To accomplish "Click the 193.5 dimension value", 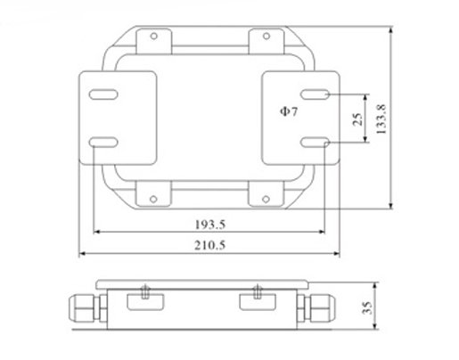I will pos(209,223).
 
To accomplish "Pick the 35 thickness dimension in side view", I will pos(366,308).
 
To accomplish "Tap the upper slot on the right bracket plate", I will pos(316,94).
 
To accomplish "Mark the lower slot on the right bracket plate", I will pos(316,141).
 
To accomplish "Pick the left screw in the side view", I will pos(143,290).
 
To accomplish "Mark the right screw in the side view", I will pos(257,290).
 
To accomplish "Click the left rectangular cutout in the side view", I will pos(143,303).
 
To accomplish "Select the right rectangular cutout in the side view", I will pos(257,303).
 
